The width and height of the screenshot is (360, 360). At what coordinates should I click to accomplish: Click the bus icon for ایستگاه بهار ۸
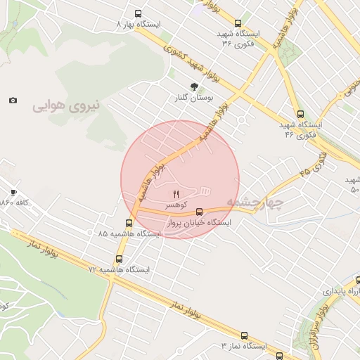(138, 13)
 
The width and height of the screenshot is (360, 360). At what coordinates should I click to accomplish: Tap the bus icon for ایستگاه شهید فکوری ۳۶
(238, 23)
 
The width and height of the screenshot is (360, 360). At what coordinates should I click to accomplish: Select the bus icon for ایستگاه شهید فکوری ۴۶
(301, 114)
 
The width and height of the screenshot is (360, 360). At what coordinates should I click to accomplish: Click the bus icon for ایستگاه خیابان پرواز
(200, 211)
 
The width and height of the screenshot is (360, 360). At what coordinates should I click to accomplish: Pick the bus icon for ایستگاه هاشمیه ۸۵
(128, 223)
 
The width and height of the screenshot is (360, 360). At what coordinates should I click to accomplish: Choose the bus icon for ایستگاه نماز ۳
(244, 335)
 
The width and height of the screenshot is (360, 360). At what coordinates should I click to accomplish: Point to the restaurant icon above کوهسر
(176, 194)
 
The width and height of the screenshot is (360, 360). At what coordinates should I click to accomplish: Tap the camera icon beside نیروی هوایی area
(13, 101)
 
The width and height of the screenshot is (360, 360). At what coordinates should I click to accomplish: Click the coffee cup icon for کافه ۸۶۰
(13, 192)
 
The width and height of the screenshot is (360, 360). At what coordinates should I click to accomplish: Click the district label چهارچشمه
(255, 203)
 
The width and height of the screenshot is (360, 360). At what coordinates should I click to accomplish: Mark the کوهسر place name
(176, 205)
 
